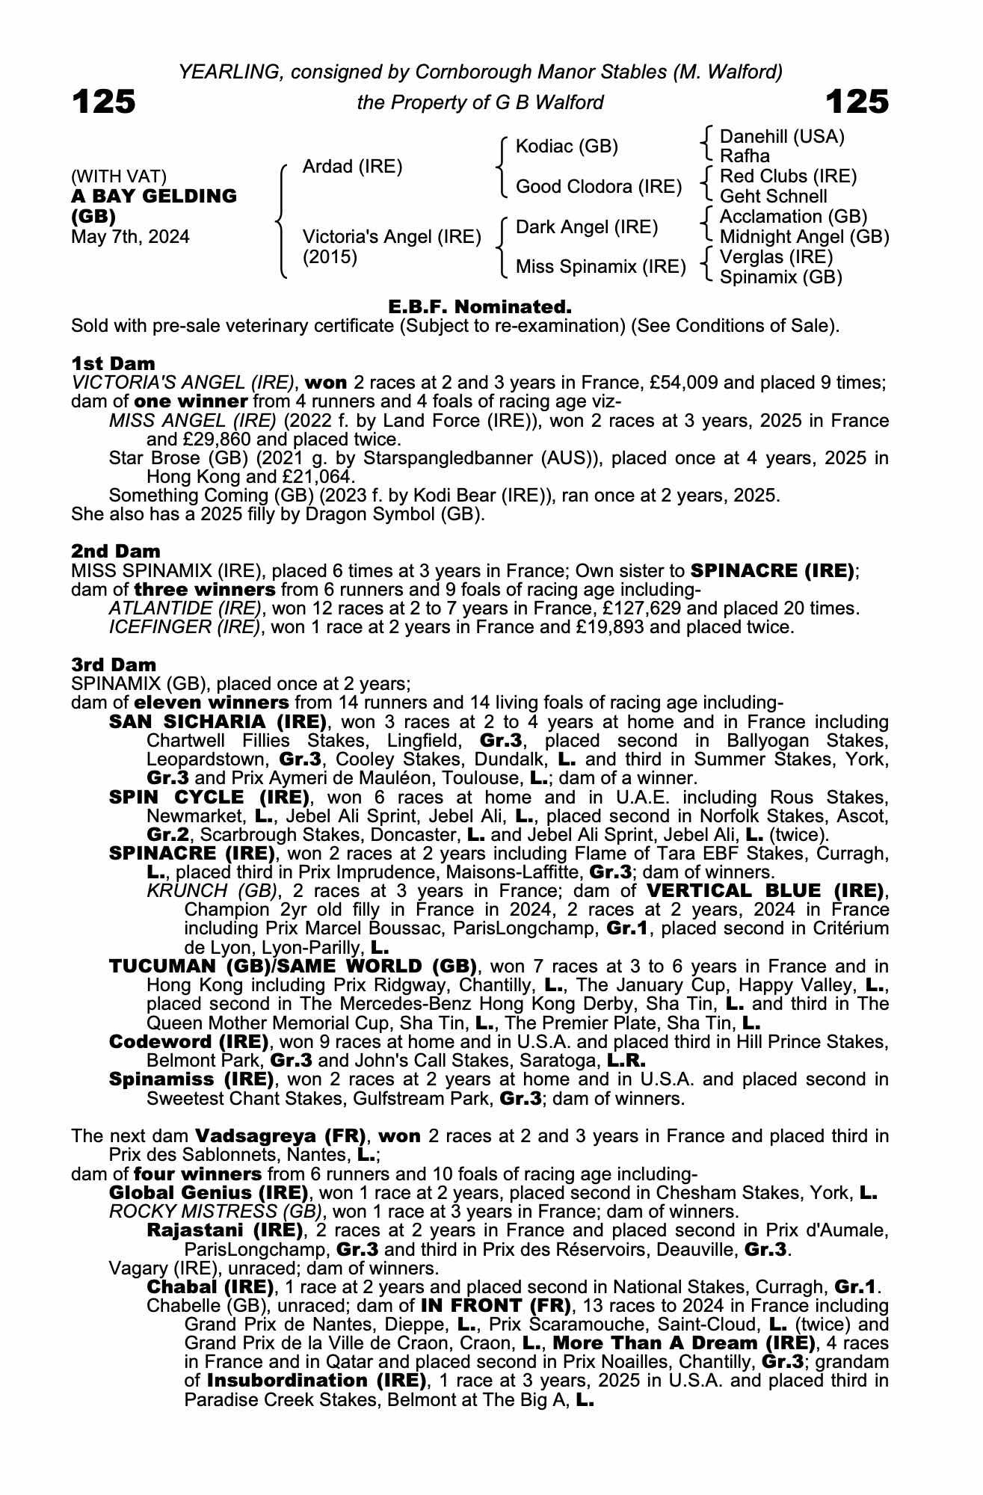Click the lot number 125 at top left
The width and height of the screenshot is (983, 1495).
104,102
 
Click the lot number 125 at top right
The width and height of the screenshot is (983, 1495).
857,102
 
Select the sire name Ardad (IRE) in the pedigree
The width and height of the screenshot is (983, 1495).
352,167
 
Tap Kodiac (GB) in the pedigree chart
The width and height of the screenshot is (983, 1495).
567,147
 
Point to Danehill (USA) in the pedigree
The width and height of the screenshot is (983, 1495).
781,137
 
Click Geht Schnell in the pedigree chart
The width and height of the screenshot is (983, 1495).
773,197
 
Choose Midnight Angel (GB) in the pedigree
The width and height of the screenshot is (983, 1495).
804,237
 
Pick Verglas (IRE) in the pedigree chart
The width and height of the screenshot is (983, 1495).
776,257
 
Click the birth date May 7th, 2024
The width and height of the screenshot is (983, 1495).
130,237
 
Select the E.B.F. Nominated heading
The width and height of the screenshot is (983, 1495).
480,306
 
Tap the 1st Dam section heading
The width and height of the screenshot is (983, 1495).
114,363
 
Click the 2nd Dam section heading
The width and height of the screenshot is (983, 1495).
116,551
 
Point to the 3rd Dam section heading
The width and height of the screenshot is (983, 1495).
114,665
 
